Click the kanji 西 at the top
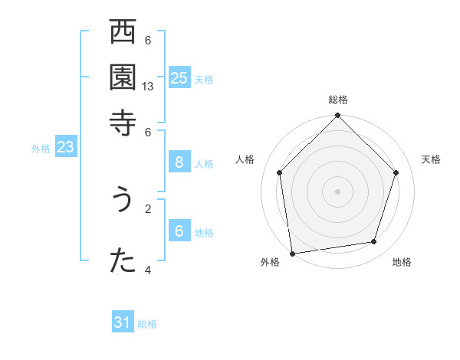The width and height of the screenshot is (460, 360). [122, 33]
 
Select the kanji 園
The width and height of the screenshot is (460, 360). [122, 77]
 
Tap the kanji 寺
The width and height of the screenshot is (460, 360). [122, 121]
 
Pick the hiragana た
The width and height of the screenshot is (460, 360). [122, 260]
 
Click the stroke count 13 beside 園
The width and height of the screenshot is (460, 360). [149, 87]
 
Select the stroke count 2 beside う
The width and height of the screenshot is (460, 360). [148, 208]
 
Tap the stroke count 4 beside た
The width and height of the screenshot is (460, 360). [148, 270]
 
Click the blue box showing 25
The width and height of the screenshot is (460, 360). [179, 77]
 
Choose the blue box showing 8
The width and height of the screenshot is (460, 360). [179, 162]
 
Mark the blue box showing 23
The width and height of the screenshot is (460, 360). [65, 148]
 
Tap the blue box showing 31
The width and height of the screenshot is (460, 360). [123, 322]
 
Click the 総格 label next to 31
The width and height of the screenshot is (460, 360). [147, 324]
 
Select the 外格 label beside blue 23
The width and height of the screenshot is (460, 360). [41, 149]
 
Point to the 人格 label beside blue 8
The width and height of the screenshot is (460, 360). [204, 163]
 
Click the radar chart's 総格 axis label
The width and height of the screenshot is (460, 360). [338, 100]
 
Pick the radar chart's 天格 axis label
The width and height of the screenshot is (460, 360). [431, 159]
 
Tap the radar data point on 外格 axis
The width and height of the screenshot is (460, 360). [292, 253]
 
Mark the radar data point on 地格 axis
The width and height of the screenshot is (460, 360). [374, 242]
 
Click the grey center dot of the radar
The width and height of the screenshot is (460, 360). [338, 191]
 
